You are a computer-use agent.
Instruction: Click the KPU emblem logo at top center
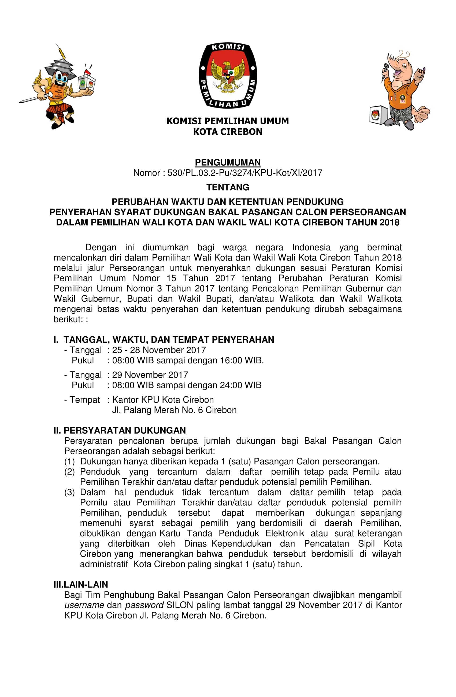point(228,76)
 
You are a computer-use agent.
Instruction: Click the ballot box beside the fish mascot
point(378,115)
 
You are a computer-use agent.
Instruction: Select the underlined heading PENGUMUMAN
point(228,162)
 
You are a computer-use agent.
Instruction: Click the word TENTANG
point(228,187)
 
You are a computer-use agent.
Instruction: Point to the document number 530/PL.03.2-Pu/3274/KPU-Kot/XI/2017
point(245,173)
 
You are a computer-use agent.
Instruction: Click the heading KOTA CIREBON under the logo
point(228,132)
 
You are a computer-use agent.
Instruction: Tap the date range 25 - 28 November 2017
point(159,350)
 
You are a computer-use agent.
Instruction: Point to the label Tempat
point(85,400)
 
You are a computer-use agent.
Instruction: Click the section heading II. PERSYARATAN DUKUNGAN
point(120,430)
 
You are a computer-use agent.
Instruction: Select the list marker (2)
point(70,472)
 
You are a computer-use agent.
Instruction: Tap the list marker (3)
point(70,492)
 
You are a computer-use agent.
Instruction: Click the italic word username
point(84,605)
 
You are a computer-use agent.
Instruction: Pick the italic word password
point(144,605)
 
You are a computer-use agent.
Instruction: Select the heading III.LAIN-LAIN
point(81,584)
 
